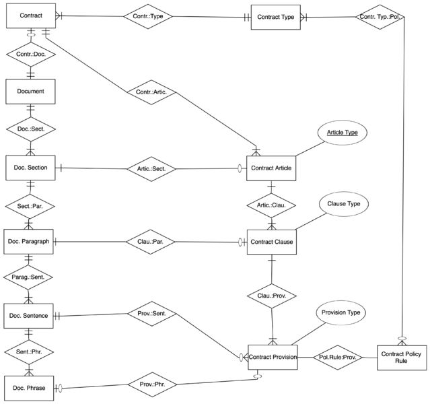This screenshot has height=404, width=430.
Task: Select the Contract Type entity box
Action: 275,16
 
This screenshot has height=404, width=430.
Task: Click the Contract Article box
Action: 271,168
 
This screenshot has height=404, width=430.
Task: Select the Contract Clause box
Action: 271,242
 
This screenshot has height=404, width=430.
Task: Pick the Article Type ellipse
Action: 343,133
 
